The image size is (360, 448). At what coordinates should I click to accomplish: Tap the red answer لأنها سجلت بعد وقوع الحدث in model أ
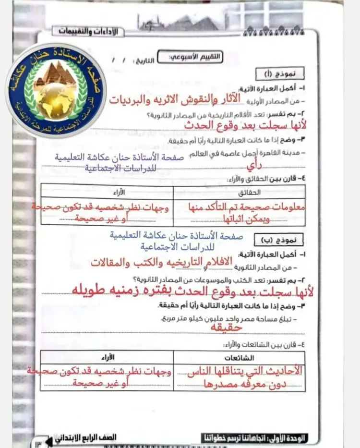pyautogui.click(x=245, y=125)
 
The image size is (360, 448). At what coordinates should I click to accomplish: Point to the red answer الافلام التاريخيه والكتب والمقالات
pyautogui.click(x=161, y=262)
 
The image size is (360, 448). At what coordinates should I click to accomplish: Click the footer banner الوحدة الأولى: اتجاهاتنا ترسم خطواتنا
pyautogui.click(x=255, y=437)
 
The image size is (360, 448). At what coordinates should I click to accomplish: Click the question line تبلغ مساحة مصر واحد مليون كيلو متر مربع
pyautogui.click(x=250, y=319)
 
